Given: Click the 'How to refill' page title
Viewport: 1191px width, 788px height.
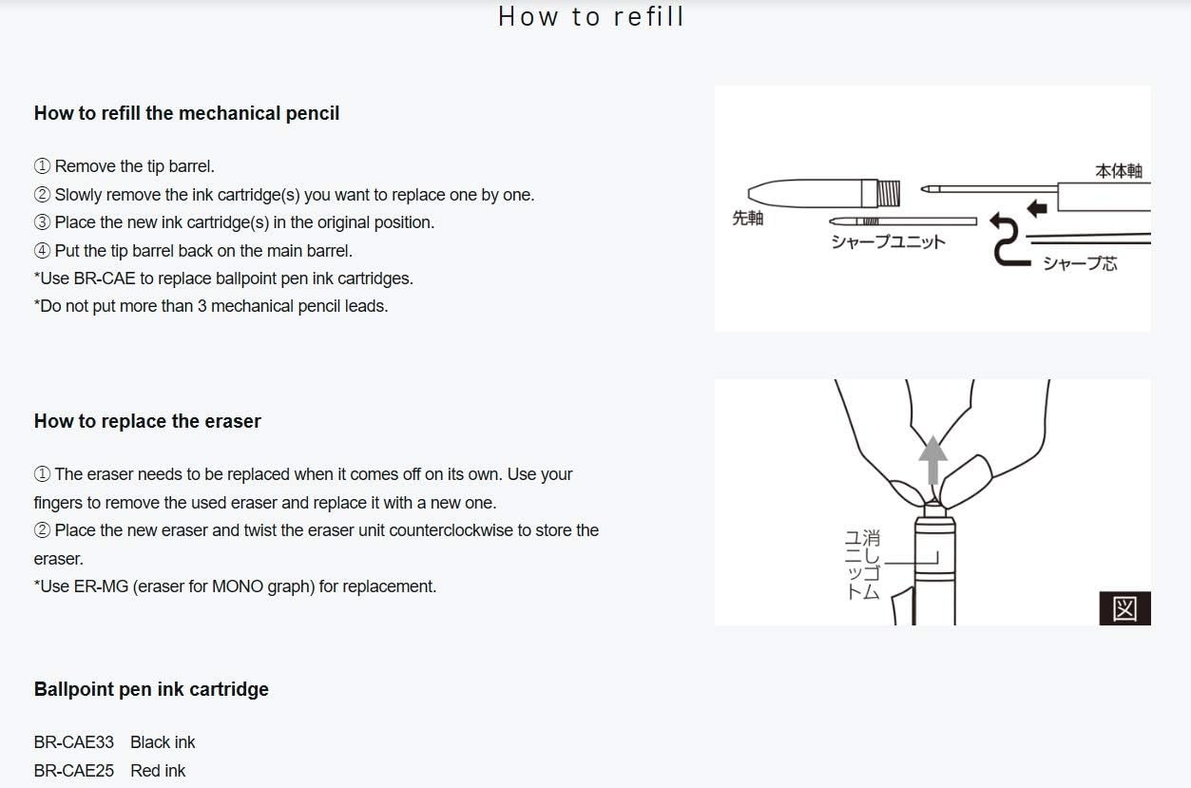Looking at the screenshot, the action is (x=591, y=16).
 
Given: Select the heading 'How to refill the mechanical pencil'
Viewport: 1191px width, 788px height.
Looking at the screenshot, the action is (x=186, y=113).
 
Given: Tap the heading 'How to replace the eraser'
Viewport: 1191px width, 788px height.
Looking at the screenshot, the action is (x=147, y=421).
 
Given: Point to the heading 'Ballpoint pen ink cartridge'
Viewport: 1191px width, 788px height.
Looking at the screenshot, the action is (x=151, y=689).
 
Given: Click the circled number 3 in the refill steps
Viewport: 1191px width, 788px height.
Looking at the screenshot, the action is (x=42, y=222).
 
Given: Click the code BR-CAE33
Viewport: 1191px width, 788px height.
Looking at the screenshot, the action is (x=74, y=742).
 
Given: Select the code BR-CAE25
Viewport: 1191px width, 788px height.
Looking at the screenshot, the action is (x=74, y=771).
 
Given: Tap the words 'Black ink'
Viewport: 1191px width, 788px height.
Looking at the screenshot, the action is (x=163, y=742).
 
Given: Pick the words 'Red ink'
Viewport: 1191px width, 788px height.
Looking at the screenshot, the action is (x=158, y=771).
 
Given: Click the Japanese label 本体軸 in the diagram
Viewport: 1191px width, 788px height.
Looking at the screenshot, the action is (x=1119, y=171).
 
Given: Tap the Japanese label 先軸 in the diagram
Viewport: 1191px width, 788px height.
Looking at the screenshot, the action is (x=747, y=218).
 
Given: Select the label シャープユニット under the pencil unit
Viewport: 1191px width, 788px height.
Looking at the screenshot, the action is (x=889, y=242).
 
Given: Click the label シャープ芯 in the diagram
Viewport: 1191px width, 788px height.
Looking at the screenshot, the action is (x=1080, y=263).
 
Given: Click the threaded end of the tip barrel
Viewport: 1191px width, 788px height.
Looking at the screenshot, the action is (x=888, y=194).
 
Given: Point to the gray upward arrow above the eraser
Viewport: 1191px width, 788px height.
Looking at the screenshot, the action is (x=932, y=460).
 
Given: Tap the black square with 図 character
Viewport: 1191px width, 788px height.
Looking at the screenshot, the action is (x=1125, y=608).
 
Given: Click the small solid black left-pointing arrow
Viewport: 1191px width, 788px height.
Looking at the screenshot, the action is (x=1037, y=208).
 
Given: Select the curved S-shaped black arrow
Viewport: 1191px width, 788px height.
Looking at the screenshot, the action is (x=1007, y=239).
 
